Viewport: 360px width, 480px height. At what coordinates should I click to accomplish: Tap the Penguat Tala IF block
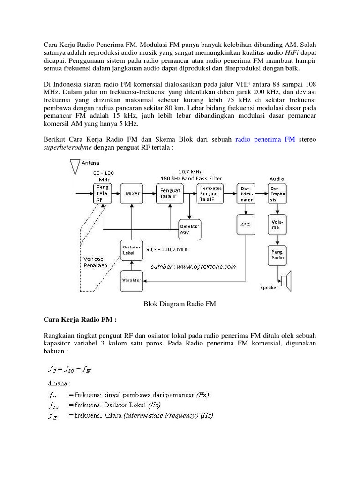point(169,193)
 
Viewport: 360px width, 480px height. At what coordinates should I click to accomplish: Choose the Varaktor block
point(132,280)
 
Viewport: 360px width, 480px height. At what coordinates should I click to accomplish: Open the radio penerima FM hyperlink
point(265,140)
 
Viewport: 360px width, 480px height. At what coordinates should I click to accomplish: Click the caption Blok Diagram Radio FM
point(179,304)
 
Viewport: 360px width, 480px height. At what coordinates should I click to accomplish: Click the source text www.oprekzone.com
point(193,266)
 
